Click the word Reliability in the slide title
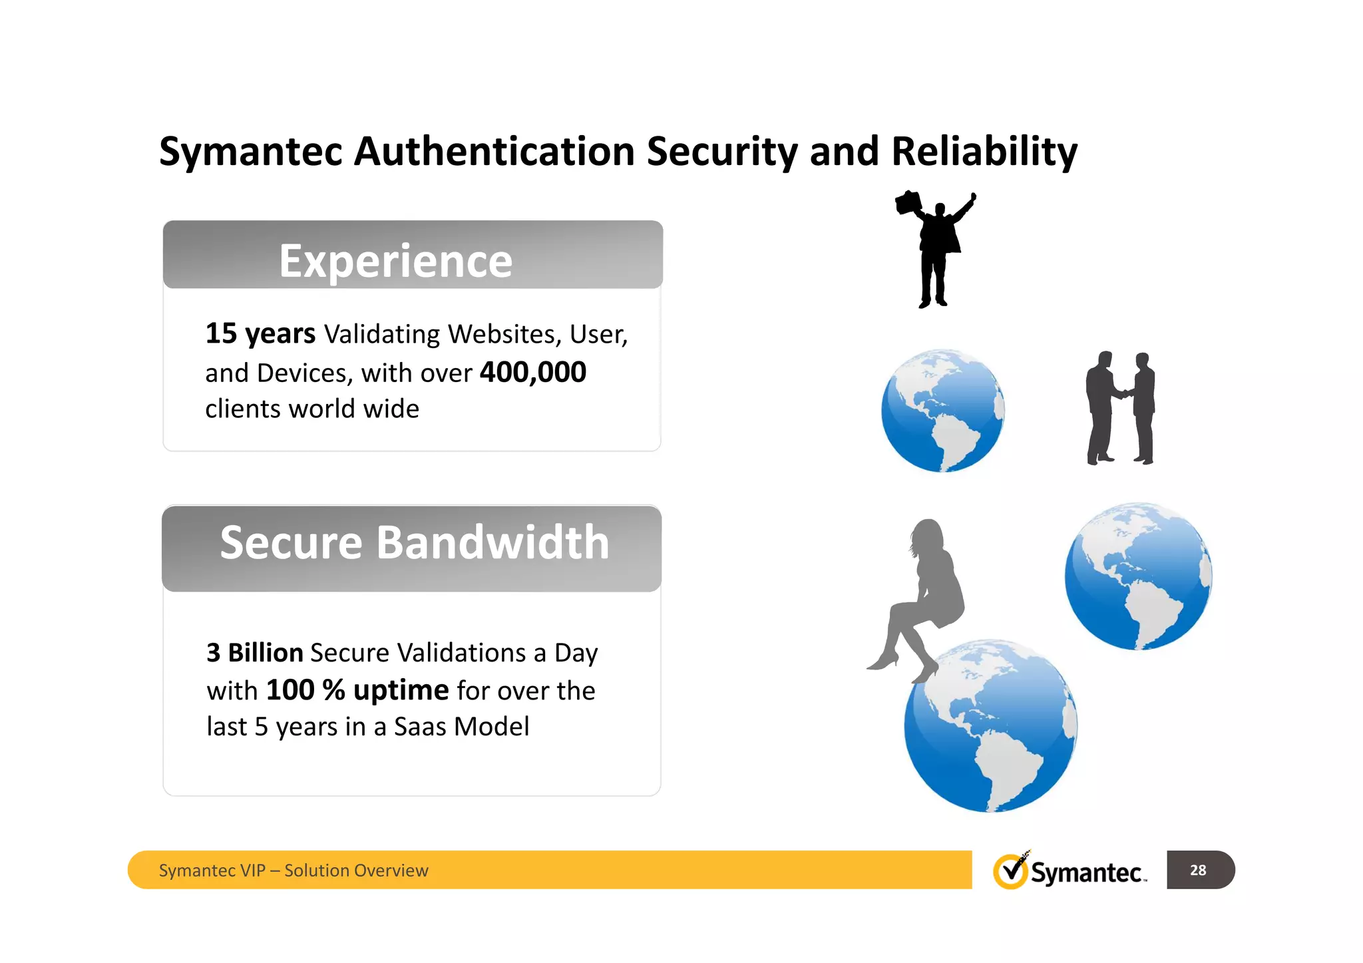tap(984, 152)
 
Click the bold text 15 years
tap(260, 333)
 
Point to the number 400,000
tap(533, 372)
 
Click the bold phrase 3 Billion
tap(255, 653)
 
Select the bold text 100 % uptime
tap(357, 690)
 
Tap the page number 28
tap(1198, 870)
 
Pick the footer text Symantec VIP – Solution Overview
tap(293, 870)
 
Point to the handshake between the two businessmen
tap(1125, 393)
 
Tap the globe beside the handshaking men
tap(942, 411)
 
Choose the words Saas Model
tap(461, 727)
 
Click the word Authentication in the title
tap(495, 152)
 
